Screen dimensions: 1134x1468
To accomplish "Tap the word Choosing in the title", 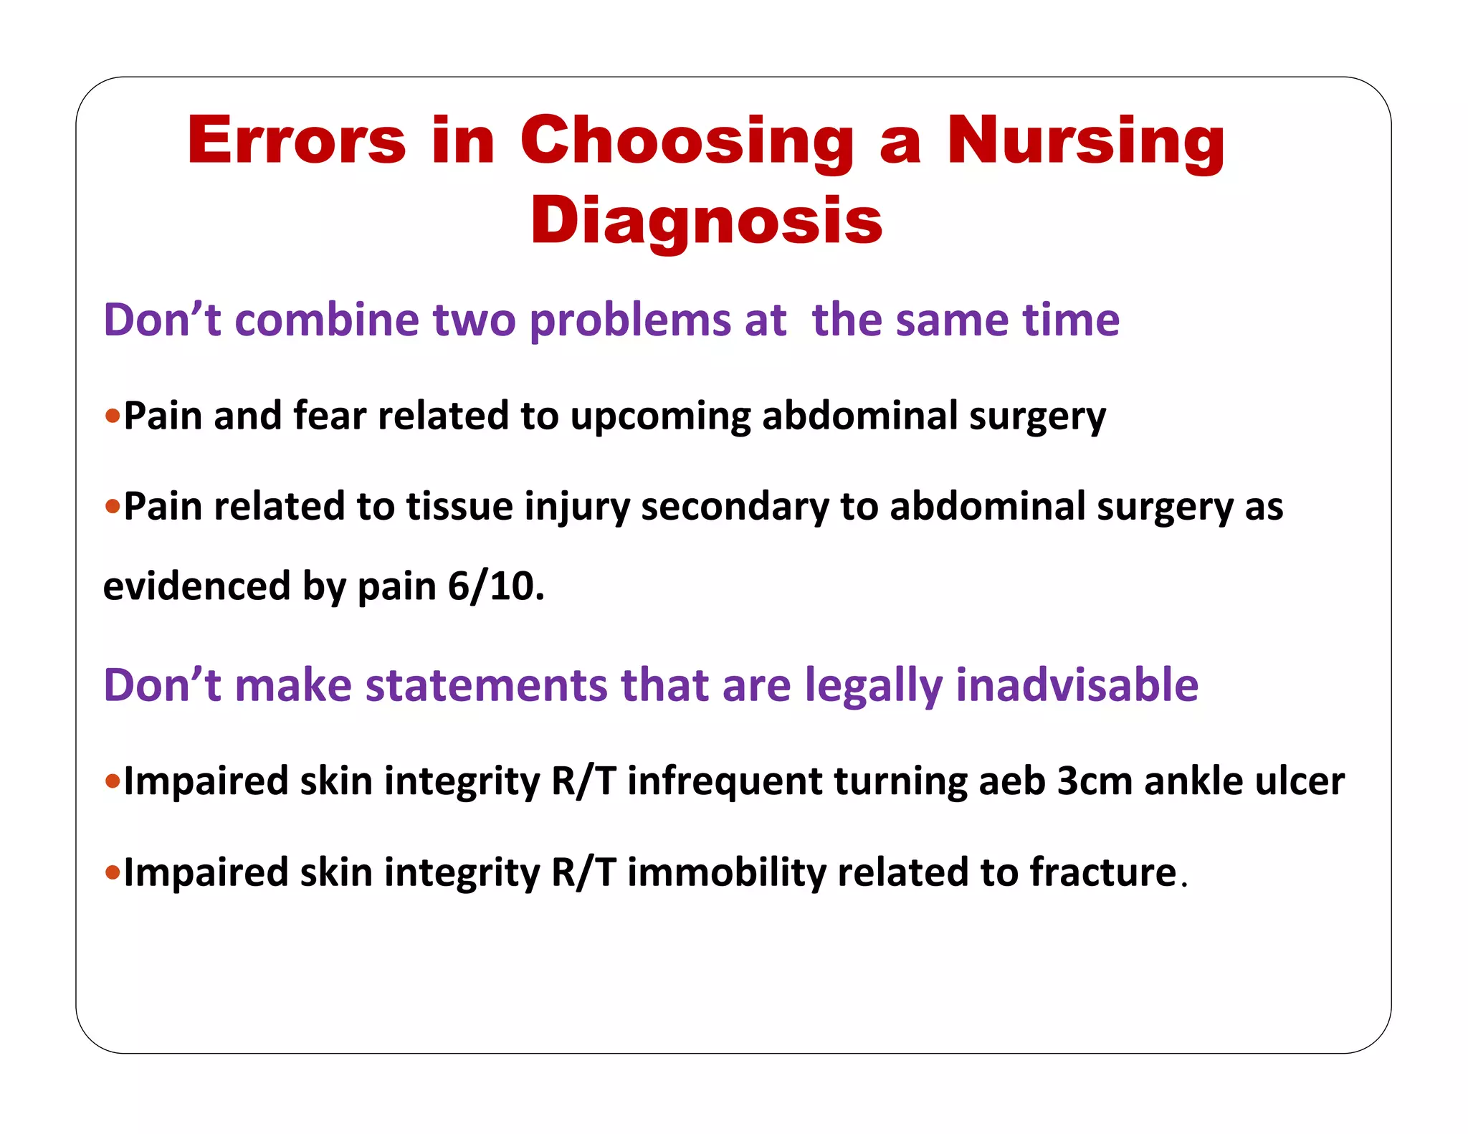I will pyautogui.click(x=687, y=141).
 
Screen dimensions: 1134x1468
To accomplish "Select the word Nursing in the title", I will pyautogui.click(x=1085, y=141).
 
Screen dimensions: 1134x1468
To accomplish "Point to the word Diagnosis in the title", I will pyautogui.click(x=706, y=221).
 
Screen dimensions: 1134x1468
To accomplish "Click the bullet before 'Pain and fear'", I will pyautogui.click(x=113, y=416).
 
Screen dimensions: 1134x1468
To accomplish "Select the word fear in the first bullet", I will pyautogui.click(x=329, y=416).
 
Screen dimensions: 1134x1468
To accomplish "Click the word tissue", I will pyautogui.click(x=459, y=506).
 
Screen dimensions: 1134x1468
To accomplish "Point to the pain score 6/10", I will pyautogui.click(x=495, y=586).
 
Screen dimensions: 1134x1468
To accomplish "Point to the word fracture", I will pyautogui.click(x=1103, y=873).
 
